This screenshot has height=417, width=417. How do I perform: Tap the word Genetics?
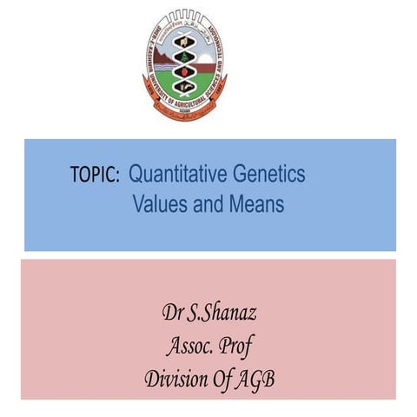[268, 174]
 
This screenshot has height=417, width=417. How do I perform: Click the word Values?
[160, 204]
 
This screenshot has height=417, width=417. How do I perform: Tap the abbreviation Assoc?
[189, 346]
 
